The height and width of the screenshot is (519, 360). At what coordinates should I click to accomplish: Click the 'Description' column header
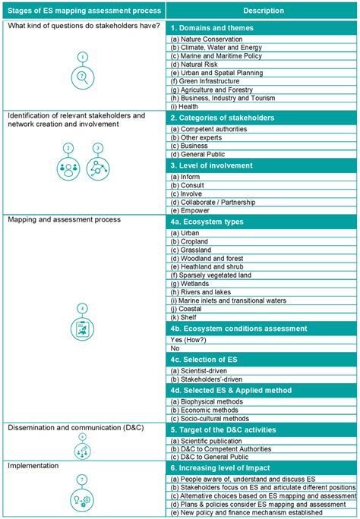coord(263,11)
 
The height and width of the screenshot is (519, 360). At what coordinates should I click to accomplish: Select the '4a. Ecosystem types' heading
coord(207,222)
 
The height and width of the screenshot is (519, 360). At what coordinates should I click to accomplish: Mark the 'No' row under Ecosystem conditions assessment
coord(175,347)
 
